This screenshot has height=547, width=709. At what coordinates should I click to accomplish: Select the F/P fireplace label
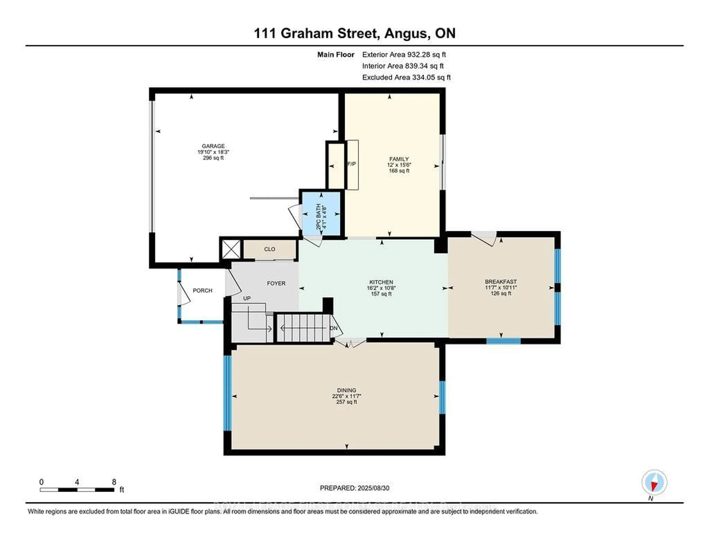[352, 164]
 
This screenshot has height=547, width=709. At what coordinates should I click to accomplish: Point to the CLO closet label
[269, 249]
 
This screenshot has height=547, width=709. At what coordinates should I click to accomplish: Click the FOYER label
[276, 283]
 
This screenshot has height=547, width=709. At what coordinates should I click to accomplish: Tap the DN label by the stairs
[333, 328]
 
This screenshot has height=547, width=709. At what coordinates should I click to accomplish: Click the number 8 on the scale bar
[114, 482]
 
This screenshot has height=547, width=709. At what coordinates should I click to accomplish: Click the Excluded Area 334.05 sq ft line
[406, 77]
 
